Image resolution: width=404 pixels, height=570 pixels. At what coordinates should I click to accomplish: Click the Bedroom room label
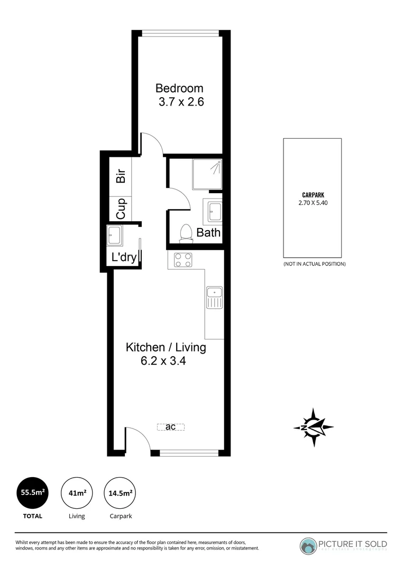(x=179, y=88)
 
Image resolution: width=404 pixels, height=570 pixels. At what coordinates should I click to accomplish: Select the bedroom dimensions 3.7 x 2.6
(x=181, y=102)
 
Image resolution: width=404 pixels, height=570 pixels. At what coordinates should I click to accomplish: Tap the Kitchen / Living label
(x=166, y=347)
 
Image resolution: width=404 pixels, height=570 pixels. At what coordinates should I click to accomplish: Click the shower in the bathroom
(x=207, y=174)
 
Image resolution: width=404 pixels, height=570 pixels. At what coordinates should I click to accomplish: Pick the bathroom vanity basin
(x=214, y=212)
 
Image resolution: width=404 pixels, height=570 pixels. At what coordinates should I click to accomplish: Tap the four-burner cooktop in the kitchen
(x=183, y=260)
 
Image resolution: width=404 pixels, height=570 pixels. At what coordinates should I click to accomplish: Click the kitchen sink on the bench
(x=214, y=298)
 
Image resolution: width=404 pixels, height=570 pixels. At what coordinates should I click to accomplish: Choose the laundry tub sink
(x=114, y=235)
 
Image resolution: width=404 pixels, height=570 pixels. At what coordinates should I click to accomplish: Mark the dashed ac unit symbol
(x=171, y=427)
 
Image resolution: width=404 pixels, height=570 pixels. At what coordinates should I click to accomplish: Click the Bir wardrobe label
(x=121, y=176)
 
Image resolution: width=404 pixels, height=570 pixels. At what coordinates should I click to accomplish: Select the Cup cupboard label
(x=121, y=208)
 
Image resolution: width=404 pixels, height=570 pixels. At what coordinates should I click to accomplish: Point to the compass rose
(x=313, y=427)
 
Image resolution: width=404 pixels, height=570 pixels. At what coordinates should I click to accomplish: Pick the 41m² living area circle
(x=77, y=493)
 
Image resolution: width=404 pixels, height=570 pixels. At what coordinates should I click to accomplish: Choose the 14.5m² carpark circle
(x=120, y=493)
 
